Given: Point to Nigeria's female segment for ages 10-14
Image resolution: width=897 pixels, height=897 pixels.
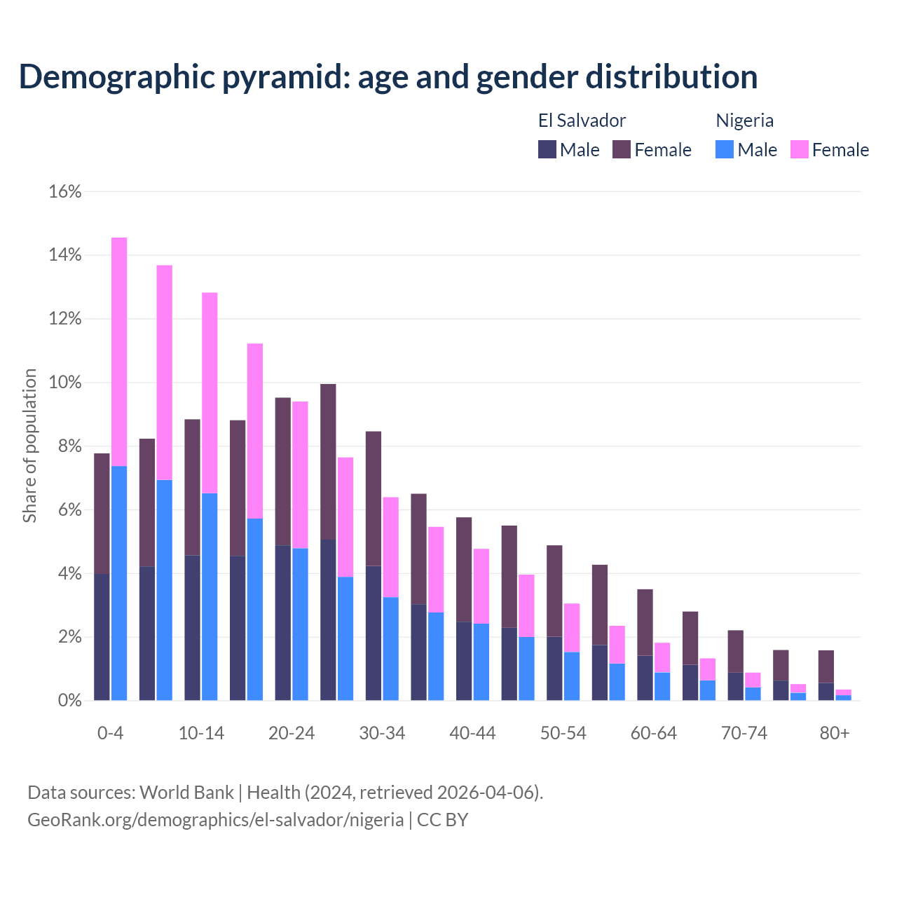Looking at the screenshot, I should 210,393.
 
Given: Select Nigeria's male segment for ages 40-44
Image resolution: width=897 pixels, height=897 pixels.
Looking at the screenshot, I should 481,662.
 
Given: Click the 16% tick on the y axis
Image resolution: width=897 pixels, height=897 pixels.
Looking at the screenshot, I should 65,191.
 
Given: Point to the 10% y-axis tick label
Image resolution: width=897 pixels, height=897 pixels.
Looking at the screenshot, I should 65,383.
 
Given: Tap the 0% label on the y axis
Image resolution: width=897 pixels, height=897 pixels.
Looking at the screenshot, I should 69,700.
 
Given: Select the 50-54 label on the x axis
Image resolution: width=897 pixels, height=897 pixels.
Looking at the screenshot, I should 563,733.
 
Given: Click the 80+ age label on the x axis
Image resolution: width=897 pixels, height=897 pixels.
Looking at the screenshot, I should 835,733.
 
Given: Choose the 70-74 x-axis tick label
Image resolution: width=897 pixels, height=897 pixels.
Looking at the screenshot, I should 744,733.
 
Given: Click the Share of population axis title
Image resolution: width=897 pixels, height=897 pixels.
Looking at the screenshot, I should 29,446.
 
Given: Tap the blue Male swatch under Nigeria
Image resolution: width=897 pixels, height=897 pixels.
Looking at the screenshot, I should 725,149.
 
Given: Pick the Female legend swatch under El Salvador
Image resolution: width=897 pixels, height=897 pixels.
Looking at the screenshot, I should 622,149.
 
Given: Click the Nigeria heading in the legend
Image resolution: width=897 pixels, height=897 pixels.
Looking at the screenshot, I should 744,121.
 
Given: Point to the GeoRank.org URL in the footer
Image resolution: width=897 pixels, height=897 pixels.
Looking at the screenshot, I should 215,819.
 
